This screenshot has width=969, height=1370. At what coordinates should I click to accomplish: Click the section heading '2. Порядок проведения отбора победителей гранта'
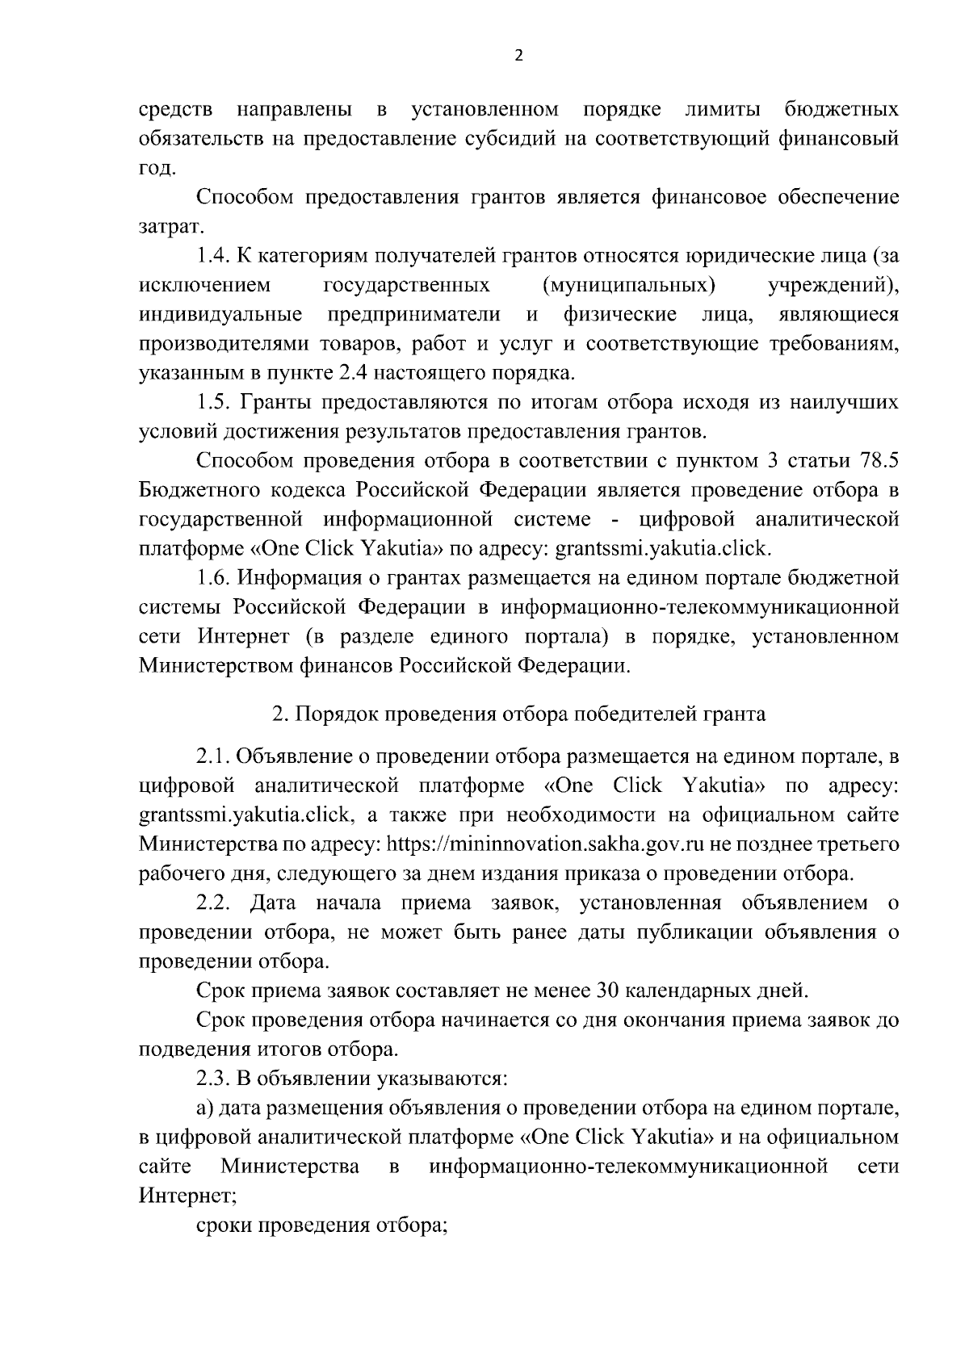[x=518, y=714]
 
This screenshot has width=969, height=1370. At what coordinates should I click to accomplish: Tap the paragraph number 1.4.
[x=214, y=256]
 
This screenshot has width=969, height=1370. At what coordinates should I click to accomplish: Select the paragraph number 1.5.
[x=214, y=402]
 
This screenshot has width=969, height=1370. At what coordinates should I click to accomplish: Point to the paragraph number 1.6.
[x=214, y=578]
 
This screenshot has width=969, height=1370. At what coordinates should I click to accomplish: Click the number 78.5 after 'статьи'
[x=876, y=461]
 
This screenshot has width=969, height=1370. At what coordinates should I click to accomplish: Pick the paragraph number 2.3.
[x=214, y=1079]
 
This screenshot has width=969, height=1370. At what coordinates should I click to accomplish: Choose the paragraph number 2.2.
[x=214, y=903]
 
